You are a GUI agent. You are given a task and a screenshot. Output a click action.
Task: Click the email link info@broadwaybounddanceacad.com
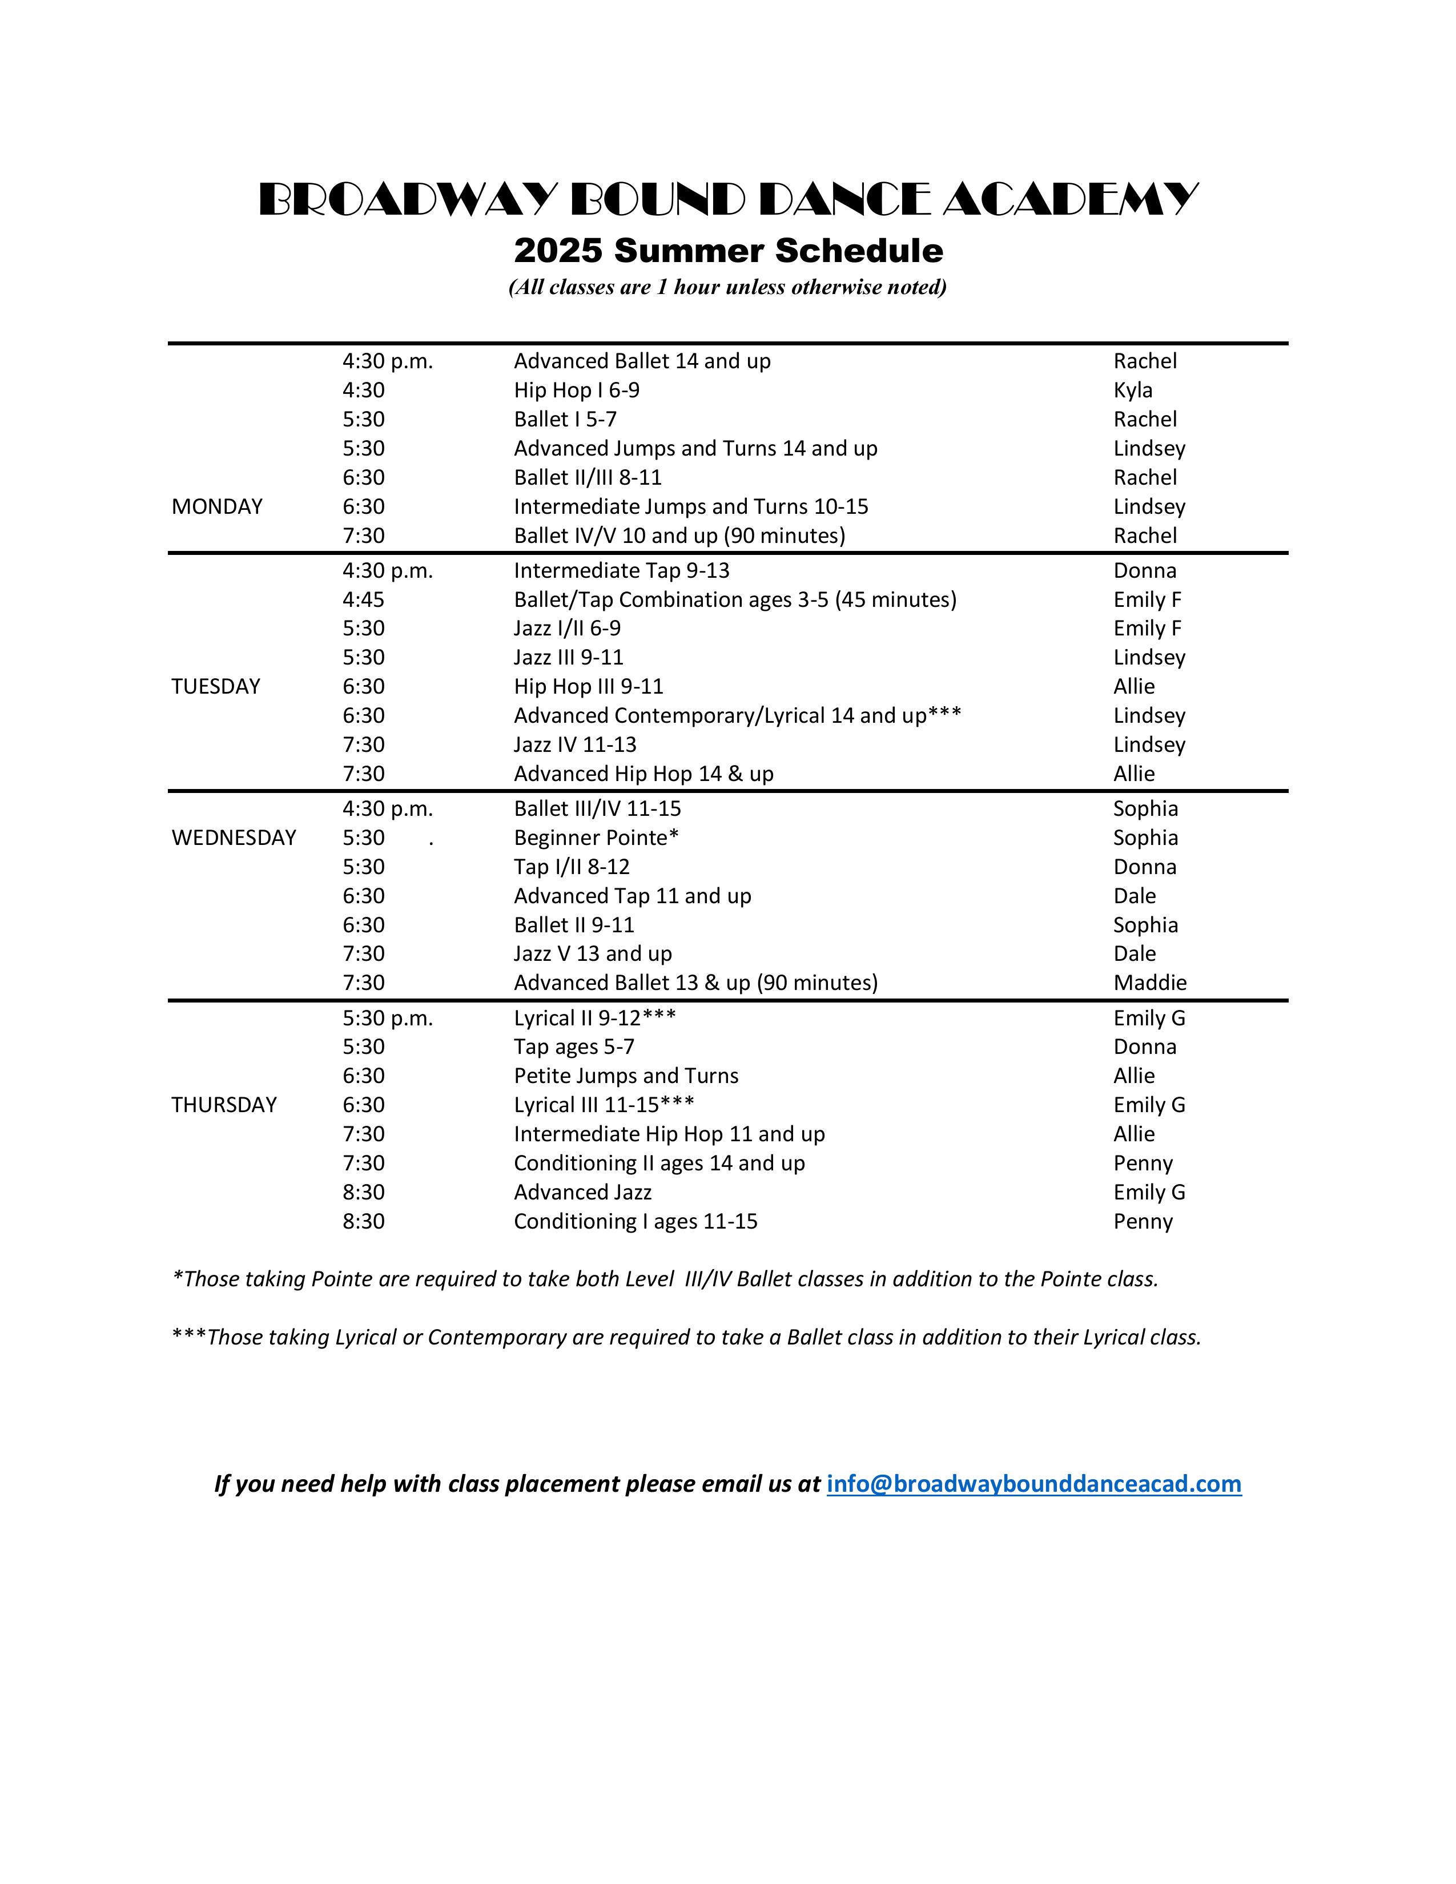coord(1033,1484)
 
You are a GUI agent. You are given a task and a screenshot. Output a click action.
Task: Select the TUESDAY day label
coord(216,687)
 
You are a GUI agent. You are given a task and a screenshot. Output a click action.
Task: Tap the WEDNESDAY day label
coord(234,838)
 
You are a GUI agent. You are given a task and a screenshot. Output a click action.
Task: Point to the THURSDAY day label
coord(224,1105)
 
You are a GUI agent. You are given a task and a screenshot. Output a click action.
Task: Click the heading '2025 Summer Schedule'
coord(728,251)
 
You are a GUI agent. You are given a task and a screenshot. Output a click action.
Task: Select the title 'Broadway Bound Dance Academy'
coord(728,200)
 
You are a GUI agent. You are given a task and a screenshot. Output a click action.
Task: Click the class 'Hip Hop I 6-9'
coord(576,391)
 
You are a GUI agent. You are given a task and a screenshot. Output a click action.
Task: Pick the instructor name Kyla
coord(1133,391)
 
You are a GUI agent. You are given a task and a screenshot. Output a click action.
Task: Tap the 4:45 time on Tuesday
coord(363,599)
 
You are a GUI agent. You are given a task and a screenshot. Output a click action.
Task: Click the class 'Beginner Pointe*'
coord(596,838)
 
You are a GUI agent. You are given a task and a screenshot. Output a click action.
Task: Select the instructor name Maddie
coord(1150,983)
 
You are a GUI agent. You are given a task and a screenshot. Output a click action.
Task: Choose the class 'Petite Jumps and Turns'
coord(626,1076)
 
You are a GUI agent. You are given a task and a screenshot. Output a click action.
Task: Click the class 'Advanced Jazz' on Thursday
coord(582,1192)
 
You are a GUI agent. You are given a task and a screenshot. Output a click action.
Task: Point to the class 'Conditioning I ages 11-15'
coord(636,1222)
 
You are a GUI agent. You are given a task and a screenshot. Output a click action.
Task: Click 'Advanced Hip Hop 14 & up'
coord(643,774)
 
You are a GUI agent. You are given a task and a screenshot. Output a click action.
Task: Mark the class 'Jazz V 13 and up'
coord(593,954)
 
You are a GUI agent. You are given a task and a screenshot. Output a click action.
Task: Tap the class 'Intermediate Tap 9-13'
coord(621,571)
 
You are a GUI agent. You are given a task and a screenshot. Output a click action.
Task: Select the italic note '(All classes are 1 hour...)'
coord(728,287)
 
